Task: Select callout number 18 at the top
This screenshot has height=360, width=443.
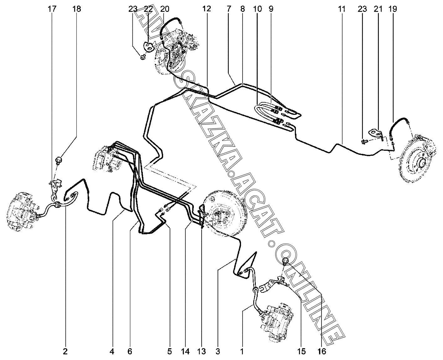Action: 76,9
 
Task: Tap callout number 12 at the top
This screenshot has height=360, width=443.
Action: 207,9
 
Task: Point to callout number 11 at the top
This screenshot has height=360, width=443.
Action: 342,9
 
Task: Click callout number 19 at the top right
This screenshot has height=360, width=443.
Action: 393,9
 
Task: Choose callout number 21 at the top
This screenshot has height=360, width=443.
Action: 378,9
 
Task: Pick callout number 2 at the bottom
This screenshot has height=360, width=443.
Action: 65,352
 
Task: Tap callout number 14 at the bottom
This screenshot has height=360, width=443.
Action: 185,352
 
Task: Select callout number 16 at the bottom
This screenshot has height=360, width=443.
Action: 322,352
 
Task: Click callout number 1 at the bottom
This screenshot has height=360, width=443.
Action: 242,352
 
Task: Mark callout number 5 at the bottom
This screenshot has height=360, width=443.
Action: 169,352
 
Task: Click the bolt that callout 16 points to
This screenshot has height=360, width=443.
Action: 285,261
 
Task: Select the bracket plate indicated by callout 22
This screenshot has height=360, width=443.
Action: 149,47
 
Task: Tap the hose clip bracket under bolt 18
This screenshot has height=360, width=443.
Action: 55,188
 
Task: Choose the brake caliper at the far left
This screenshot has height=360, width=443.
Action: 23,211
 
